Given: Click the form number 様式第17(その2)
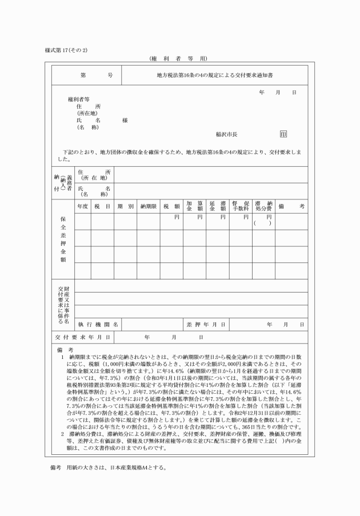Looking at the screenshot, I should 66,50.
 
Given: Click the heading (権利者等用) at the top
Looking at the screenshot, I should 179,59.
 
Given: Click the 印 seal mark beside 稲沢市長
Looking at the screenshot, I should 283,134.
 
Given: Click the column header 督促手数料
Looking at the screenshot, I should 241,206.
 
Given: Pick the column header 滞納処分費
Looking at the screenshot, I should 263,206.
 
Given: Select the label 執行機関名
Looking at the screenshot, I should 98,325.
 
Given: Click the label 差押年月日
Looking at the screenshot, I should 205,325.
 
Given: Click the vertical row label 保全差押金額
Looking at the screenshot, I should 63,238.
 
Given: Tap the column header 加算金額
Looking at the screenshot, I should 194,206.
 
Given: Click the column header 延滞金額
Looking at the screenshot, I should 217,206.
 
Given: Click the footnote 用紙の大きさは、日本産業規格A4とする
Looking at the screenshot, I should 117,467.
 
